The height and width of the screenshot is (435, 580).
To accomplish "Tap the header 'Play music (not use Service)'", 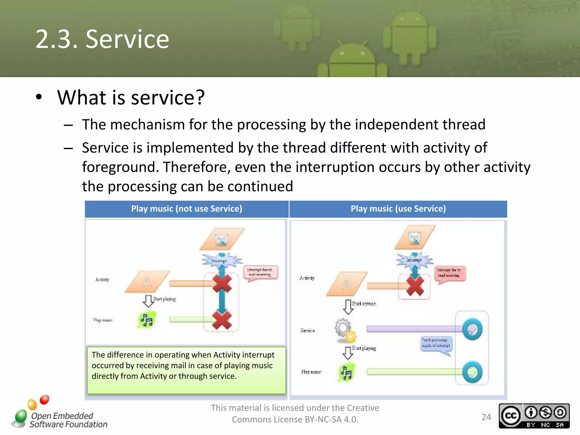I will [187, 209].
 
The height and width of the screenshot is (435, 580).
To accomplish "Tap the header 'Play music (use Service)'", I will [398, 209].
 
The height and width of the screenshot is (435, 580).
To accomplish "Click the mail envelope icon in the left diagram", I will [221, 240].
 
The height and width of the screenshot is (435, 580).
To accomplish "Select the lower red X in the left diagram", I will [222, 320].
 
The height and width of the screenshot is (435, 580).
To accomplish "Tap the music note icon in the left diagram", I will [147, 320].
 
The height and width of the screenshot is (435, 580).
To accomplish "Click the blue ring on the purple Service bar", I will [472, 329].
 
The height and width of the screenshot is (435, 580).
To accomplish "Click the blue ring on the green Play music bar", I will [472, 372].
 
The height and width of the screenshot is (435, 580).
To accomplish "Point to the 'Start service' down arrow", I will [348, 307].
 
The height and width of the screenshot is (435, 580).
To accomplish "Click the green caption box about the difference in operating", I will [186, 370].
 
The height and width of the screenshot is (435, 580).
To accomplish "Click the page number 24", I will [486, 417].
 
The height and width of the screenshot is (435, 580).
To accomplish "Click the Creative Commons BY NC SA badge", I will [534, 416].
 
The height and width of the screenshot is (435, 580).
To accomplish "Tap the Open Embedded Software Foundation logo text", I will [68, 420].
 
